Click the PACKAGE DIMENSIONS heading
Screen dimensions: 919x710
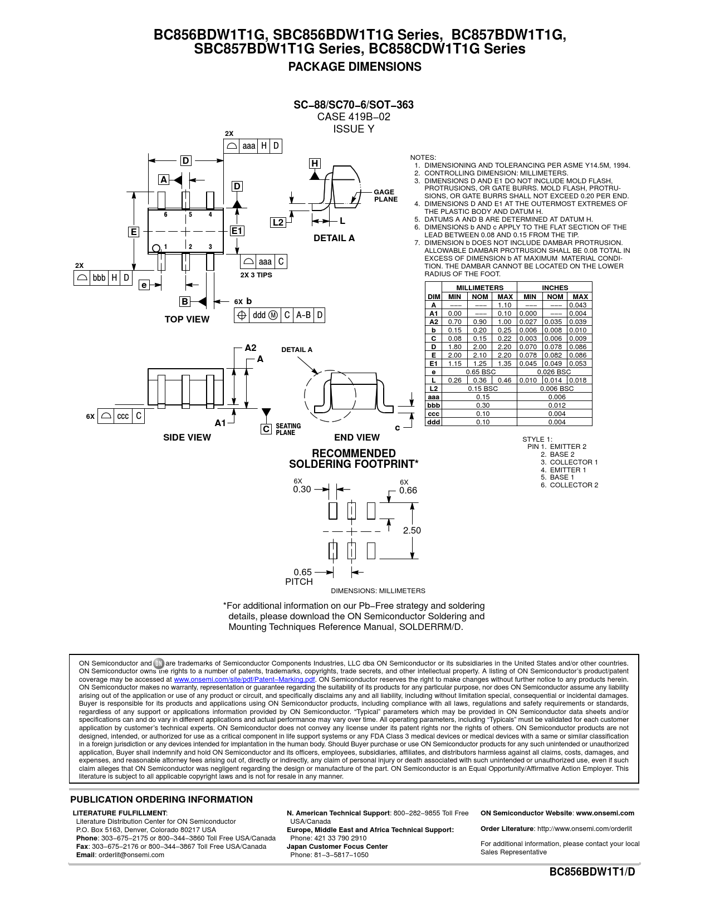coord(354,67)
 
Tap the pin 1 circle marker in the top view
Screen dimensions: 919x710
coord(156,248)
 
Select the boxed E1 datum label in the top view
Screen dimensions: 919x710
coord(237,231)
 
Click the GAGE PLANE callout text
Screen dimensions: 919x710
coord(385,195)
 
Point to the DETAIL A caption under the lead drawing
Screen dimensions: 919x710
coord(334,238)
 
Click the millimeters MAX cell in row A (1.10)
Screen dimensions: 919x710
coord(505,305)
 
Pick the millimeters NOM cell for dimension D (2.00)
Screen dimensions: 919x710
coord(479,347)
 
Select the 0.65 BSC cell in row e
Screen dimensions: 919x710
coord(480,372)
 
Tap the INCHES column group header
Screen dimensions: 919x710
coord(555,288)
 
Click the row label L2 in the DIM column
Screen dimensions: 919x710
coord(433,389)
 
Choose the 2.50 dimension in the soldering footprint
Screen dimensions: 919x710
coord(412,531)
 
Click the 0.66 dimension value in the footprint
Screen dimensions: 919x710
coord(408,491)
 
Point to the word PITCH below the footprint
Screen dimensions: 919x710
coord(299,582)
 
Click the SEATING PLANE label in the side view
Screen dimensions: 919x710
coord(288,429)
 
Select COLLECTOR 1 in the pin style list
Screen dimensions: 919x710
coord(574,462)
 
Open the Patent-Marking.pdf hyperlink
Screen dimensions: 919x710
coord(244,680)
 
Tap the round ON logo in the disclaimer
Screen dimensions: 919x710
coord(159,663)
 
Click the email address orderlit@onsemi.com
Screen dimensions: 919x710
coord(131,855)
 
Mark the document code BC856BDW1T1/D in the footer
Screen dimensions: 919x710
coord(592,872)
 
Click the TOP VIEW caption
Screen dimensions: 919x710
coord(187,320)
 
